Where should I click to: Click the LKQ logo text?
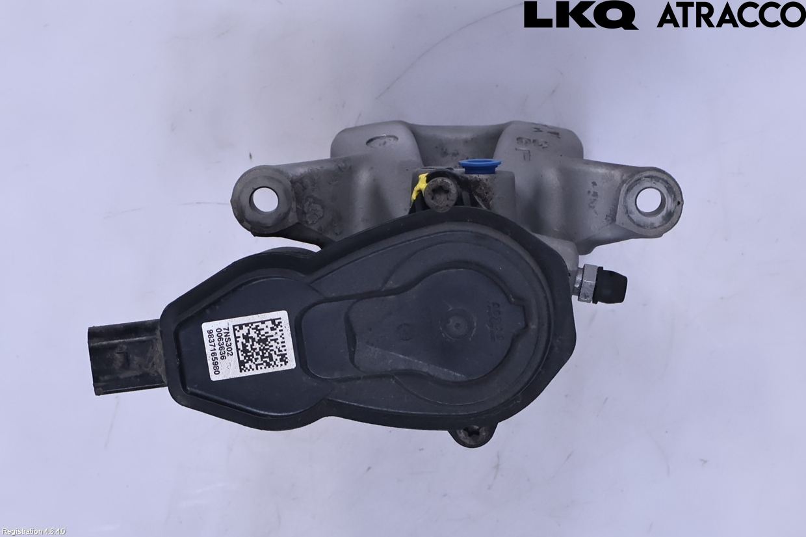pos(580,15)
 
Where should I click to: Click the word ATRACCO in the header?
pos(731,15)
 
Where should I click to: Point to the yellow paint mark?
pos(420,186)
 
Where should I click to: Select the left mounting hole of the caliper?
pos(264,200)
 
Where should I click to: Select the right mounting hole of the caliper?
pos(649,200)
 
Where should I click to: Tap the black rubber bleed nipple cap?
pos(612,287)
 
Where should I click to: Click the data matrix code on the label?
pos(260,344)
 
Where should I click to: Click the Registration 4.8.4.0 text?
pos(33,532)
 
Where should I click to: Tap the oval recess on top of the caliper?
pos(382,140)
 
